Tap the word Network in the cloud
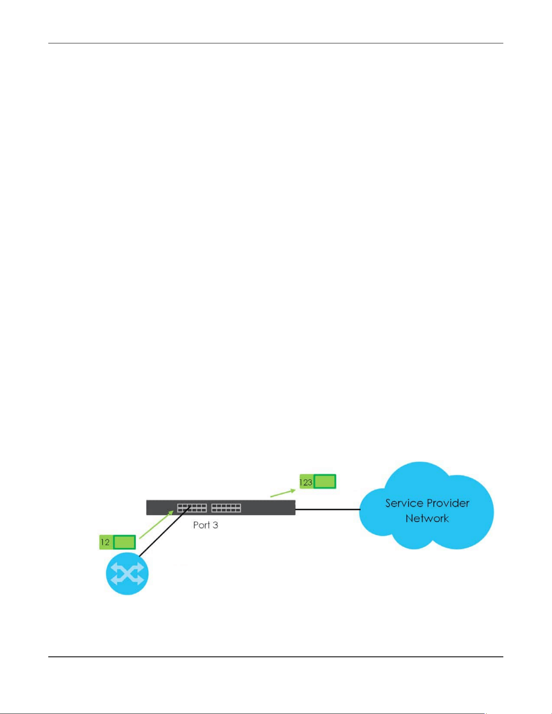pyautogui.click(x=427, y=518)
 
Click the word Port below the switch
pyautogui.click(x=202, y=525)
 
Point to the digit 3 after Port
pyautogui.click(x=215, y=525)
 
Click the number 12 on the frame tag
pyautogui.click(x=105, y=542)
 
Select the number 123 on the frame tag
pyautogui.click(x=306, y=482)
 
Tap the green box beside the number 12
pyautogui.click(x=124, y=542)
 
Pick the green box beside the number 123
pyautogui.click(x=325, y=481)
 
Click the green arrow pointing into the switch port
pyautogui.click(x=157, y=525)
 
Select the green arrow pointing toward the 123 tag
pyautogui.click(x=283, y=493)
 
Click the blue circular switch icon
pyautogui.click(x=127, y=574)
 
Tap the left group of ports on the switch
pyautogui.click(x=192, y=508)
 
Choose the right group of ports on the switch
pyautogui.click(x=226, y=508)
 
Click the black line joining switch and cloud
pyautogui.click(x=328, y=509)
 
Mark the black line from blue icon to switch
pyautogui.click(x=165, y=531)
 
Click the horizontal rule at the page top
pyautogui.click(x=276, y=43)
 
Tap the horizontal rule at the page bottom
pyautogui.click(x=276, y=657)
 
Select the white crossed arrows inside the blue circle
pyautogui.click(x=127, y=574)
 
